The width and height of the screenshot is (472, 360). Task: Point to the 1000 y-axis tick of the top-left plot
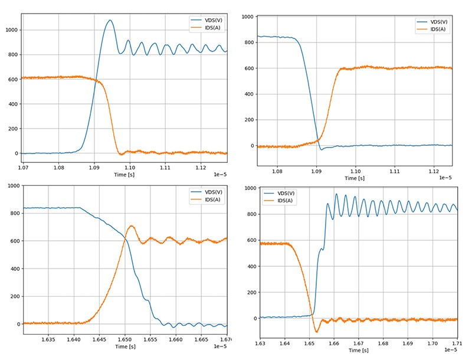tap(11, 30)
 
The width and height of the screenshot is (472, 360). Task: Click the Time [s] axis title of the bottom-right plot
tap(358, 351)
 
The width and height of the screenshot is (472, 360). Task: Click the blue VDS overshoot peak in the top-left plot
tap(109, 21)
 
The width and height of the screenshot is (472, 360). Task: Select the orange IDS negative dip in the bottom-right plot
tap(316, 332)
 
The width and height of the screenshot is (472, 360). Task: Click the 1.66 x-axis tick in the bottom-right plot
tap(334, 343)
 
